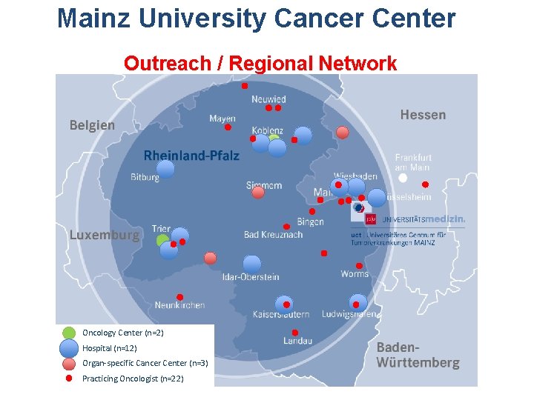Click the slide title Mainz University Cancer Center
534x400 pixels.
click(x=257, y=19)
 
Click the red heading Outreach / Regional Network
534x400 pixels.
click(x=260, y=64)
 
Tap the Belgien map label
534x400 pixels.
click(x=92, y=125)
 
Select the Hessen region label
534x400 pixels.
click(x=423, y=115)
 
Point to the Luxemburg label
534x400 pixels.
click(x=104, y=235)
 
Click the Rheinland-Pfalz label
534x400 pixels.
click(x=191, y=156)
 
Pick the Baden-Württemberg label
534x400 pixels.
click(x=418, y=356)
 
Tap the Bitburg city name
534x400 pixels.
click(x=145, y=178)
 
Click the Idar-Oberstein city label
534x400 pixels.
click(x=251, y=277)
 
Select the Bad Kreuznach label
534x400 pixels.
click(x=273, y=235)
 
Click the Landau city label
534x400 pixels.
click(x=297, y=341)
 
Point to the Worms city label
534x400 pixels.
click(x=355, y=274)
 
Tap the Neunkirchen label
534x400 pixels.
click(x=179, y=305)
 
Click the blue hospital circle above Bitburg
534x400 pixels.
click(x=165, y=168)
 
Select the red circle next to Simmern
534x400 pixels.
click(x=257, y=193)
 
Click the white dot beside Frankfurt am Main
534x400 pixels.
click(x=403, y=178)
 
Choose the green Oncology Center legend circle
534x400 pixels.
click(x=69, y=333)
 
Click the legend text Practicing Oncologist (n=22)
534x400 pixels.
click(x=133, y=379)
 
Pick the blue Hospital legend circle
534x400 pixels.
click(x=69, y=348)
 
